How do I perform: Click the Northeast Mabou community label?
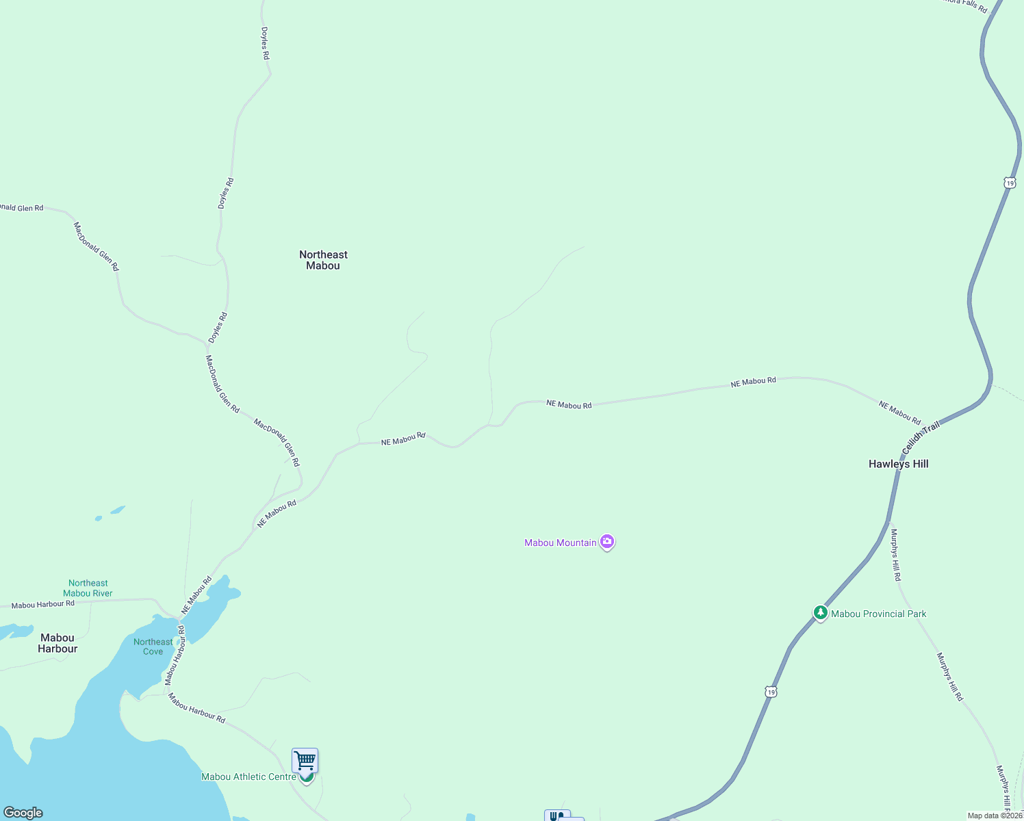323,260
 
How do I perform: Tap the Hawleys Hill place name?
898,464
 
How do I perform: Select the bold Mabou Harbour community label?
57,643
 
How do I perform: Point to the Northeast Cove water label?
153,647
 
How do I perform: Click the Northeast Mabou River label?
88,588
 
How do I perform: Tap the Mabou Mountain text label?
561,543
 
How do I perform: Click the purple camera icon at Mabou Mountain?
606,542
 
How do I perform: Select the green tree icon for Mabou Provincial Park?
820,613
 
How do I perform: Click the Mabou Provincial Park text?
878,614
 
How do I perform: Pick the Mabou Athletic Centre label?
248,777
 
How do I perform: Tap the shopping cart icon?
305,760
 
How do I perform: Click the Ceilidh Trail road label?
921,438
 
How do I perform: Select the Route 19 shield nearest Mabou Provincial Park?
771,692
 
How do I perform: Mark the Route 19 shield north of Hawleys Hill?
1010,183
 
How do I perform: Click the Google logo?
23,813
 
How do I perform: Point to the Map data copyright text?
995,816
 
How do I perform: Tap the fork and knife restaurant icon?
556,816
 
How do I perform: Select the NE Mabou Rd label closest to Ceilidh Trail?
899,413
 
